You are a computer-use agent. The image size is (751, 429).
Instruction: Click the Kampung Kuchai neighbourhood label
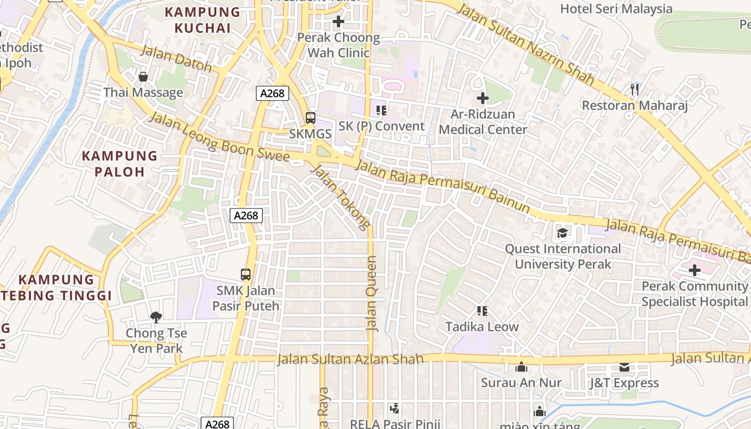pyautogui.click(x=202, y=20)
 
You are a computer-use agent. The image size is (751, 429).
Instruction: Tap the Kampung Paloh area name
pyautogui.click(x=120, y=164)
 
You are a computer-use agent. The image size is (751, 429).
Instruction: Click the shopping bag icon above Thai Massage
pyautogui.click(x=143, y=77)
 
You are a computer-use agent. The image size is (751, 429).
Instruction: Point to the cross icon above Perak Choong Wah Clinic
pyautogui.click(x=338, y=22)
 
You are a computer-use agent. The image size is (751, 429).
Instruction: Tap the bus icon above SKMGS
pyautogui.click(x=310, y=117)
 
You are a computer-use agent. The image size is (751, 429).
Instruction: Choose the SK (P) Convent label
pyautogui.click(x=381, y=126)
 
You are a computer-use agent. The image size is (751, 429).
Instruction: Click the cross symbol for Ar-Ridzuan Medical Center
pyautogui.click(x=482, y=98)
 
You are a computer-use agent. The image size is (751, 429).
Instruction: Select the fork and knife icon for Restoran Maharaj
pyautogui.click(x=635, y=89)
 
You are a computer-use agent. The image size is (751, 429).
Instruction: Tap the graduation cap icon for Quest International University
pyautogui.click(x=562, y=233)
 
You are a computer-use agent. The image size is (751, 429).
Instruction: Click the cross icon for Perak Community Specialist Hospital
pyautogui.click(x=695, y=270)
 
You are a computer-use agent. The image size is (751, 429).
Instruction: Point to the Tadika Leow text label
pyautogui.click(x=482, y=327)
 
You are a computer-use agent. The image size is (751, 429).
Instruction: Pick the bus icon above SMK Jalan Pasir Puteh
pyautogui.click(x=246, y=275)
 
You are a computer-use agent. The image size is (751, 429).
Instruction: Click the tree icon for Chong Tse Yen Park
pyautogui.click(x=156, y=317)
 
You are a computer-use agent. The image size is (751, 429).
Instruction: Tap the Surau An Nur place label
pyautogui.click(x=521, y=383)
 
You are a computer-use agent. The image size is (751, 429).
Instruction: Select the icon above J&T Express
pyautogui.click(x=624, y=367)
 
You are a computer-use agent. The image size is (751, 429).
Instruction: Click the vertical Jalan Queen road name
pyautogui.click(x=371, y=293)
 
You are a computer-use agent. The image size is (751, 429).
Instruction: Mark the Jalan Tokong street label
pyautogui.click(x=341, y=197)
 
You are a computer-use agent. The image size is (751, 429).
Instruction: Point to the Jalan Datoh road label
pyautogui.click(x=176, y=59)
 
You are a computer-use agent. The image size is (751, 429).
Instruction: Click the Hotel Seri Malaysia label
pyautogui.click(x=616, y=9)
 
